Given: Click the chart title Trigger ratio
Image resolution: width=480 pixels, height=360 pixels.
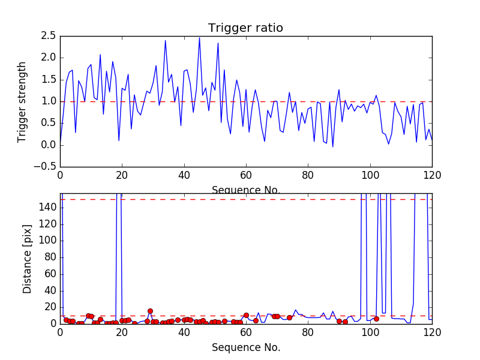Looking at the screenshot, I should pos(245,28).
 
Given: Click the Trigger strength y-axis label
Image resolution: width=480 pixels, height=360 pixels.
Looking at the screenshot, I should pos(23,101).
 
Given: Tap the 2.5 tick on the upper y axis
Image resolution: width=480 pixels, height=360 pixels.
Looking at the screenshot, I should pos(48,36).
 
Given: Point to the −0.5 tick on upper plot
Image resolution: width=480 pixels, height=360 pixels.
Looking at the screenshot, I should pos(45,167).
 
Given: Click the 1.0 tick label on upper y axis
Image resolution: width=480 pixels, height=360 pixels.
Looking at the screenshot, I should pos(48,101).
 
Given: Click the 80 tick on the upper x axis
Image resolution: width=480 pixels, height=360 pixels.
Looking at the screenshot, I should pos(308,175).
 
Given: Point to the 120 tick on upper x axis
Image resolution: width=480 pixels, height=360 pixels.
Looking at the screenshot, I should pos(431,175).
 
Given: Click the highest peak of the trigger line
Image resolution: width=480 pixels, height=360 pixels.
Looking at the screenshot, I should pos(200,38).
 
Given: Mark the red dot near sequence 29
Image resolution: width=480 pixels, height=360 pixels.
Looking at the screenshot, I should pos(150,311).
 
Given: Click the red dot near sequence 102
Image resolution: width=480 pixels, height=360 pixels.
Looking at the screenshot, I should pos(376,319).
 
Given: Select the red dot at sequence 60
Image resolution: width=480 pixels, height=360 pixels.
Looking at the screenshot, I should pos(246,315).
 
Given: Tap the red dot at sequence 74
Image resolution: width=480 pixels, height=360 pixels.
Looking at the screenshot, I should pos(289,317).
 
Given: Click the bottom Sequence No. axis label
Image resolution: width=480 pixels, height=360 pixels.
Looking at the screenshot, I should pos(245,347).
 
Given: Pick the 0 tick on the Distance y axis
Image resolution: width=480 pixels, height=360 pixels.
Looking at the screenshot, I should pos(53,323).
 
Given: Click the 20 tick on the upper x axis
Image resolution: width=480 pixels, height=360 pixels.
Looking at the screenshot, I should pos(122,175).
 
